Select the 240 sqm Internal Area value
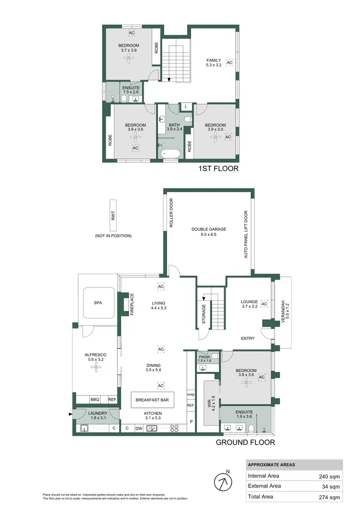pyautogui.click(x=329, y=476)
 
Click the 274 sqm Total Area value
pyautogui.click(x=329, y=497)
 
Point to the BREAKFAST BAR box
pyautogui.click(x=153, y=399)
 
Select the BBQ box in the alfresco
pyautogui.click(x=96, y=399)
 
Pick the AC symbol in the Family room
pyautogui.click(x=229, y=63)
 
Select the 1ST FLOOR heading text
pyautogui.click(x=218, y=169)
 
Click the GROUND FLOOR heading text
pyautogui.click(x=245, y=442)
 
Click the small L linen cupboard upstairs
pyautogui.click(x=186, y=107)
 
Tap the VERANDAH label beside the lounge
pyautogui.click(x=283, y=312)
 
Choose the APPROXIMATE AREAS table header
pyautogui.click(x=272, y=465)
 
